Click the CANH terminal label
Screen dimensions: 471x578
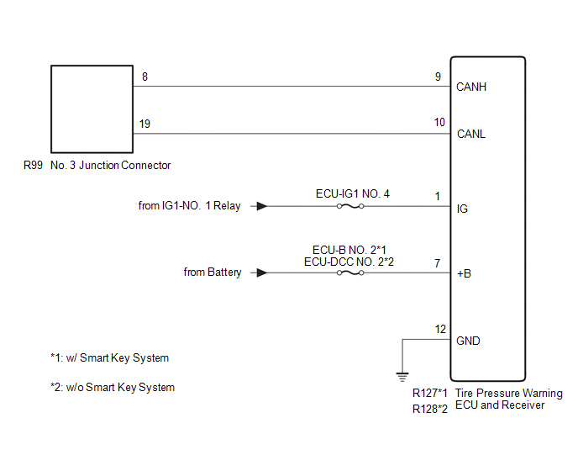click(x=470, y=87)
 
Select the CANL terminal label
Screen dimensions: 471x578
click(x=470, y=134)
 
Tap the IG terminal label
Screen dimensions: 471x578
click(x=462, y=208)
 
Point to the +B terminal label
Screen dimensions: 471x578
click(x=464, y=273)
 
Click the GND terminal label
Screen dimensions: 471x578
click(x=469, y=341)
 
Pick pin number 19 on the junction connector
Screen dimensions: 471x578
click(x=145, y=124)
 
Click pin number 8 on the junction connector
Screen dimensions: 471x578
click(x=144, y=77)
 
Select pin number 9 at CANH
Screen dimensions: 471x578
click(x=438, y=77)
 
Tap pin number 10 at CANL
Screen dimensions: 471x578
click(x=439, y=123)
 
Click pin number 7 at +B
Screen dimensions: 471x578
click(x=438, y=263)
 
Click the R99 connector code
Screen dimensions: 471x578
click(x=33, y=166)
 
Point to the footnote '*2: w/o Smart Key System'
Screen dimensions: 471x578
click(x=112, y=388)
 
